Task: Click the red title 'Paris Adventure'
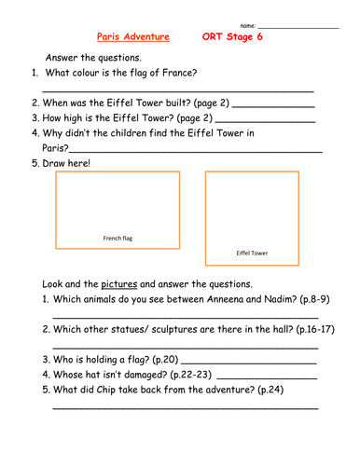coord(133,37)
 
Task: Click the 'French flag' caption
coord(118,239)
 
